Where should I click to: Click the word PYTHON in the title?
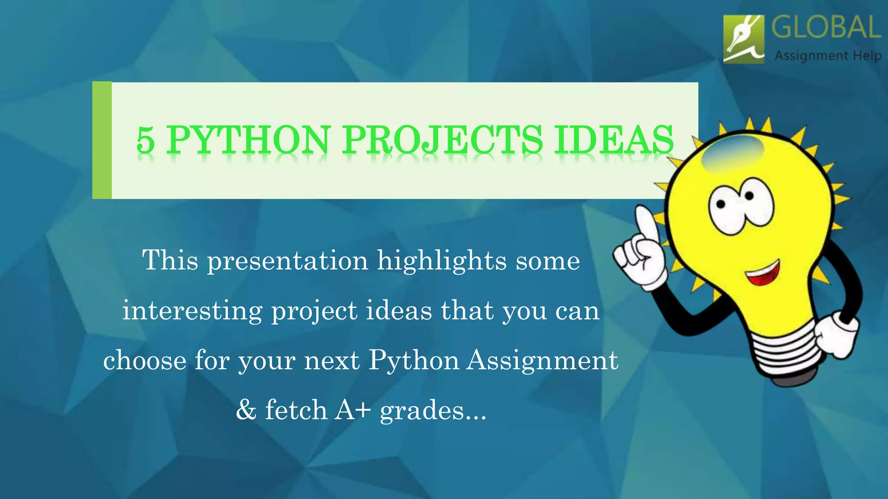[249, 139]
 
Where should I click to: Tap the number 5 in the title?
[145, 140]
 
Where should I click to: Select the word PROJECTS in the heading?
[443, 139]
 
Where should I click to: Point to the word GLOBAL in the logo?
[826, 28]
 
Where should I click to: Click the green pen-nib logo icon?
[744, 39]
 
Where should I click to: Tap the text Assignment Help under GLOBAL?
[828, 56]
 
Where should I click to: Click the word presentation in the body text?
[287, 261]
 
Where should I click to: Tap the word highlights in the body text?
[442, 261]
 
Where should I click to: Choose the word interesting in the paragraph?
[192, 311]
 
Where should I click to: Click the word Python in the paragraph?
[414, 360]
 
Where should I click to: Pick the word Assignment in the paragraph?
[542, 360]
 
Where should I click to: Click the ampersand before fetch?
[246, 410]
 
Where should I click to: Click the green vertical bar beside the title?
[102, 140]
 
